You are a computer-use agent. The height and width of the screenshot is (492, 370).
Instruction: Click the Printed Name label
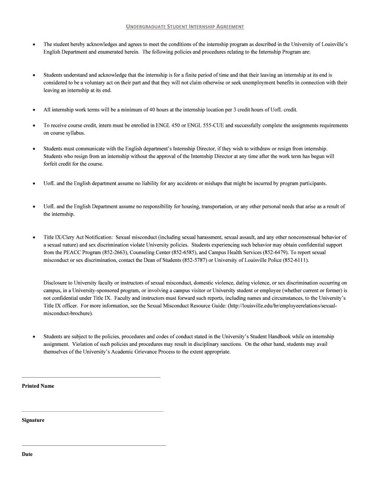tap(38, 386)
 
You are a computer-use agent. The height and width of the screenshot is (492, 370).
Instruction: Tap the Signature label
tap(33, 420)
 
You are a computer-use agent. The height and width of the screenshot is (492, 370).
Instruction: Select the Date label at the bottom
tap(27, 454)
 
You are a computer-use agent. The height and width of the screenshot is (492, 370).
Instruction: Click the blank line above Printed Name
tap(91, 377)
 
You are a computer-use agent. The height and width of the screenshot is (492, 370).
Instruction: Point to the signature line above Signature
tap(92, 411)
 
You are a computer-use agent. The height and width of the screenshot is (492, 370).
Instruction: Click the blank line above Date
tap(94, 445)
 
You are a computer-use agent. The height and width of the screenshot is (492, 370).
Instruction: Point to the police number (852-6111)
tap(295, 260)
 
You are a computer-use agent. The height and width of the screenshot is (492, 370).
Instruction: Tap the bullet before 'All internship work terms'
tap(33, 110)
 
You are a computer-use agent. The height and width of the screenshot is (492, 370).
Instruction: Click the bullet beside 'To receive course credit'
tap(33, 125)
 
